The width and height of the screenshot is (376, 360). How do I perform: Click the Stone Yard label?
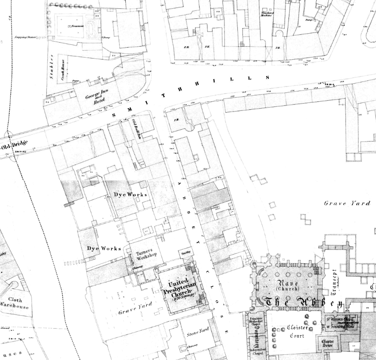[198, 332]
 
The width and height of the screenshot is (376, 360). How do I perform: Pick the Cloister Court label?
[297, 331]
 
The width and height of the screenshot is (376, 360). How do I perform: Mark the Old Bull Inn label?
[136, 129]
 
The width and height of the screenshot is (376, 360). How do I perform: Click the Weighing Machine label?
[267, 14]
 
